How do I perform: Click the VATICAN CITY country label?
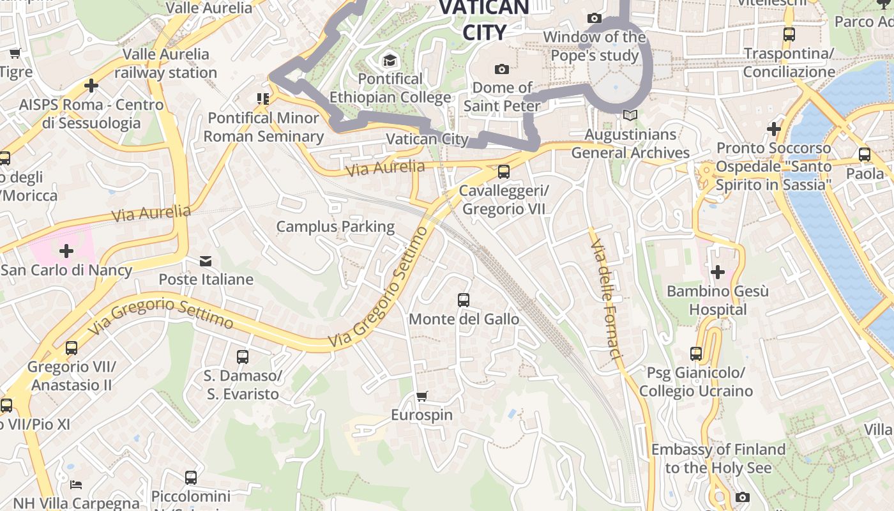point(484,20)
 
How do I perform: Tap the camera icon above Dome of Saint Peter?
point(502,69)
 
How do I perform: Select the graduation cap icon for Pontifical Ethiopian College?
point(389,61)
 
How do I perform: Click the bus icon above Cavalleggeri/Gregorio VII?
point(503,171)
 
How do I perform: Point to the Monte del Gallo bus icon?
point(464,300)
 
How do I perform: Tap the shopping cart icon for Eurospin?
point(421,396)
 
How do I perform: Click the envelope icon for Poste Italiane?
point(206,261)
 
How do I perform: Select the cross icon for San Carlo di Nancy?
point(66,250)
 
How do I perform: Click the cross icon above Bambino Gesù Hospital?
point(717,272)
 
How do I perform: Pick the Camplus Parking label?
point(335,226)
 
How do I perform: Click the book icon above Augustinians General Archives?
point(630,116)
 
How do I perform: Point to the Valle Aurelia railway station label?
point(166,63)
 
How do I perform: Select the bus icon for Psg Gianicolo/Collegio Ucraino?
point(696,353)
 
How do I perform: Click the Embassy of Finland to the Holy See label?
point(718,459)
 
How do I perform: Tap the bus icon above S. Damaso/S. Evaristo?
point(242,356)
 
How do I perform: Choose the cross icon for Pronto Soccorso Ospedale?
point(774,129)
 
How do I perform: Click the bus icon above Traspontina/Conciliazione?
point(789,34)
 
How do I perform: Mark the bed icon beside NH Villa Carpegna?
point(76,484)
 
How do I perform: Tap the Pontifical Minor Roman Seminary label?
point(264,127)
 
